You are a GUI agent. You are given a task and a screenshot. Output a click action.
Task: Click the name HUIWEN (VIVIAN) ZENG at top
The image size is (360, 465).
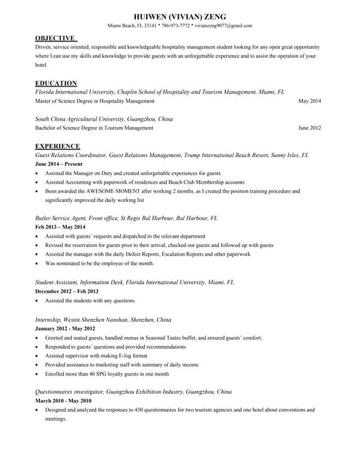(x=180, y=16)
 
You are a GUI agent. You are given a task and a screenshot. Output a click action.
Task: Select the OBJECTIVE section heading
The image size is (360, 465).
(x=55, y=38)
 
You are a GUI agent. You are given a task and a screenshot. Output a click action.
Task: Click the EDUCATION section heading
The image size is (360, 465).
(x=56, y=83)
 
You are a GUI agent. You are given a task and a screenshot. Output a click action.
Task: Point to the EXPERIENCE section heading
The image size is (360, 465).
(x=57, y=146)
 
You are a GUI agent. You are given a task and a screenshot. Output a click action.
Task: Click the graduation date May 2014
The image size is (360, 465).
(x=310, y=101)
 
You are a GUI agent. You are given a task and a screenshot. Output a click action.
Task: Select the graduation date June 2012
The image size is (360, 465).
(x=309, y=128)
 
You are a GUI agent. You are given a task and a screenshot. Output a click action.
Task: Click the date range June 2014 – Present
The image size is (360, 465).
(x=59, y=164)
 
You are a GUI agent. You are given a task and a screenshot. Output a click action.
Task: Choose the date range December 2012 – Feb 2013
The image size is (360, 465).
(x=67, y=291)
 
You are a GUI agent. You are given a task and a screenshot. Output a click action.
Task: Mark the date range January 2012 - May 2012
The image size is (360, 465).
(x=65, y=328)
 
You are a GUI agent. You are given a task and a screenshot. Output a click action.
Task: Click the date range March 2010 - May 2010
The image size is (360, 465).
(x=63, y=400)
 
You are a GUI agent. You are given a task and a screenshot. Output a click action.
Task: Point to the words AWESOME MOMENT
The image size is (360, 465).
(x=119, y=191)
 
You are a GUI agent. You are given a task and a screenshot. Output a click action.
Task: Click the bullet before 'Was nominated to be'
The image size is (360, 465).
(x=37, y=264)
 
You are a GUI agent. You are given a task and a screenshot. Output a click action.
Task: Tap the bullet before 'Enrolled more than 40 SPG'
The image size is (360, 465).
(x=37, y=373)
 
